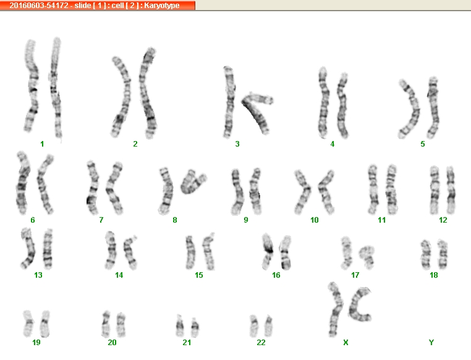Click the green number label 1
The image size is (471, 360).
tap(42, 144)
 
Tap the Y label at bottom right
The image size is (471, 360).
tap(431, 342)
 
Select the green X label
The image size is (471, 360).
tap(346, 342)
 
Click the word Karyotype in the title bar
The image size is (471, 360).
tap(161, 6)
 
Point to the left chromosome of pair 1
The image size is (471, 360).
tap(32, 85)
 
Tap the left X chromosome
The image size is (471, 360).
tap(336, 309)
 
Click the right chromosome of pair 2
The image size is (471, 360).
tap(146, 93)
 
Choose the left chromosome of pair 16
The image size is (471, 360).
tap(268, 252)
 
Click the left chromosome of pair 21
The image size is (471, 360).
tap(180, 326)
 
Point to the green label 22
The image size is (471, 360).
tap(261, 342)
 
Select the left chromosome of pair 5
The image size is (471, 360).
tap(409, 109)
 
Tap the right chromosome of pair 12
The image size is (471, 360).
tap(451, 190)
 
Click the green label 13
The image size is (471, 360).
tap(38, 275)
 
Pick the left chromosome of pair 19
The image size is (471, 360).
tap(28, 324)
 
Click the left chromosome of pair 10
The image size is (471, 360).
tap(303, 192)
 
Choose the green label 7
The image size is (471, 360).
tap(101, 220)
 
